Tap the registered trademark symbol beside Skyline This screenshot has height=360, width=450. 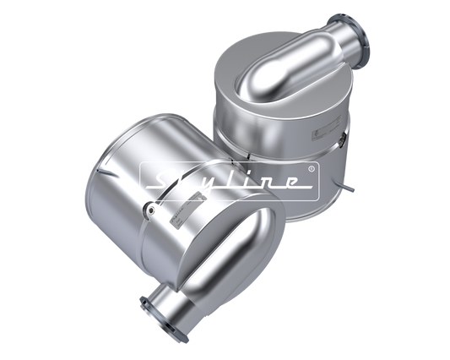(311, 169)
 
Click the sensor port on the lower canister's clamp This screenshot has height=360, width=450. (150, 209)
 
